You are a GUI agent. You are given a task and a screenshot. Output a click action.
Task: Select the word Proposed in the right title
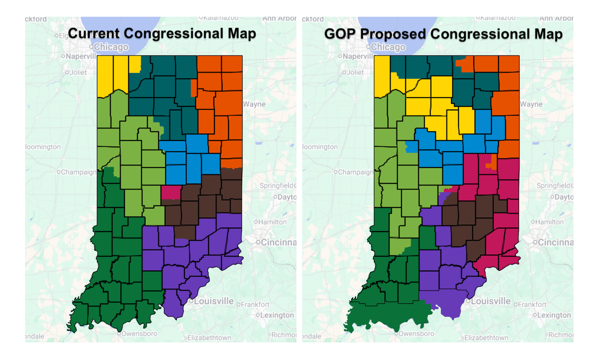(x=395, y=33)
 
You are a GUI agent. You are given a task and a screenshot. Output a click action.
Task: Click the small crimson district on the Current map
(x=170, y=192)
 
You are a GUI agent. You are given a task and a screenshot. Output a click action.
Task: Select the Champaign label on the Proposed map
(x=356, y=172)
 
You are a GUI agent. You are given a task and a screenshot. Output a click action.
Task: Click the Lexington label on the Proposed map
(x=554, y=315)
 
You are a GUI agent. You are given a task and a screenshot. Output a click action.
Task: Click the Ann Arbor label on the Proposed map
(x=556, y=18)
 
